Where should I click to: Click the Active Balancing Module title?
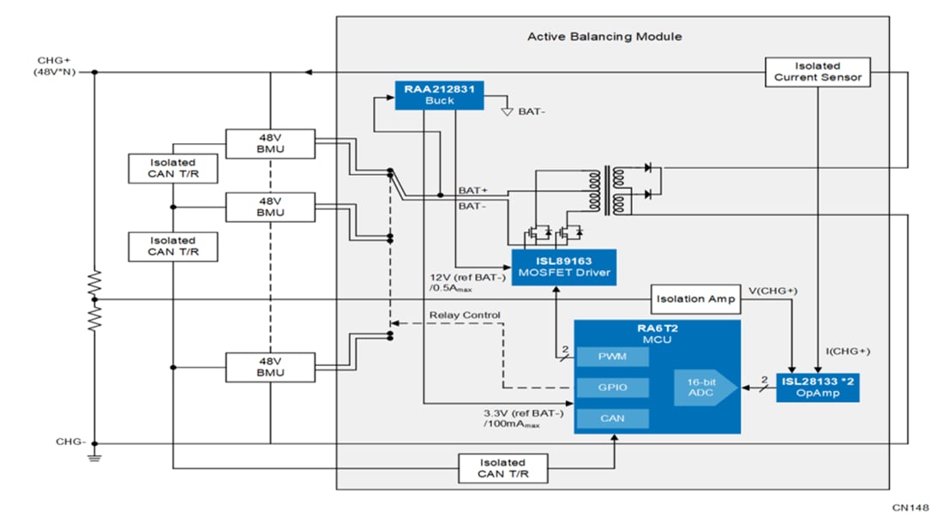[604, 37]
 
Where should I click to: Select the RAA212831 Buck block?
[438, 94]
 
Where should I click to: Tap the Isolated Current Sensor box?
[818, 71]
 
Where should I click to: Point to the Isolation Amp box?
[694, 299]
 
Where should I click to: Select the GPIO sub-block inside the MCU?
[612, 388]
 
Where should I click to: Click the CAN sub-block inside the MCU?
[612, 418]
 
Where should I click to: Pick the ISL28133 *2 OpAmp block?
[818, 388]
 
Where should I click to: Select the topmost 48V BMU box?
[270, 143]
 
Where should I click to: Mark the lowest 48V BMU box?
[270, 367]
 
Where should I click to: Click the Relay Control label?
[465, 316]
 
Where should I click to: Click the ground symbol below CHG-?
[94, 458]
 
